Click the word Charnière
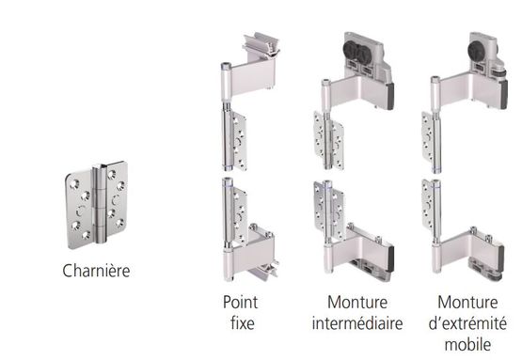96,271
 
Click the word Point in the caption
240,303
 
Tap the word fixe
243,322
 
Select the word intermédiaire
357,323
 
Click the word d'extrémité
467,323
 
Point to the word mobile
467,344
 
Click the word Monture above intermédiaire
357,303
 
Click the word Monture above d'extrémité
467,303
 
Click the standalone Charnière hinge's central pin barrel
100,204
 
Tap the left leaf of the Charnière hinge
79,209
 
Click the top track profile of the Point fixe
261,45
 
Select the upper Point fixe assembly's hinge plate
240,141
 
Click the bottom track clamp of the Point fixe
264,271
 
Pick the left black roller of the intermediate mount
352,50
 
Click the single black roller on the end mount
477,51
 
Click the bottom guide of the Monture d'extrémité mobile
484,270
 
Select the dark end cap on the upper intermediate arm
389,96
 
